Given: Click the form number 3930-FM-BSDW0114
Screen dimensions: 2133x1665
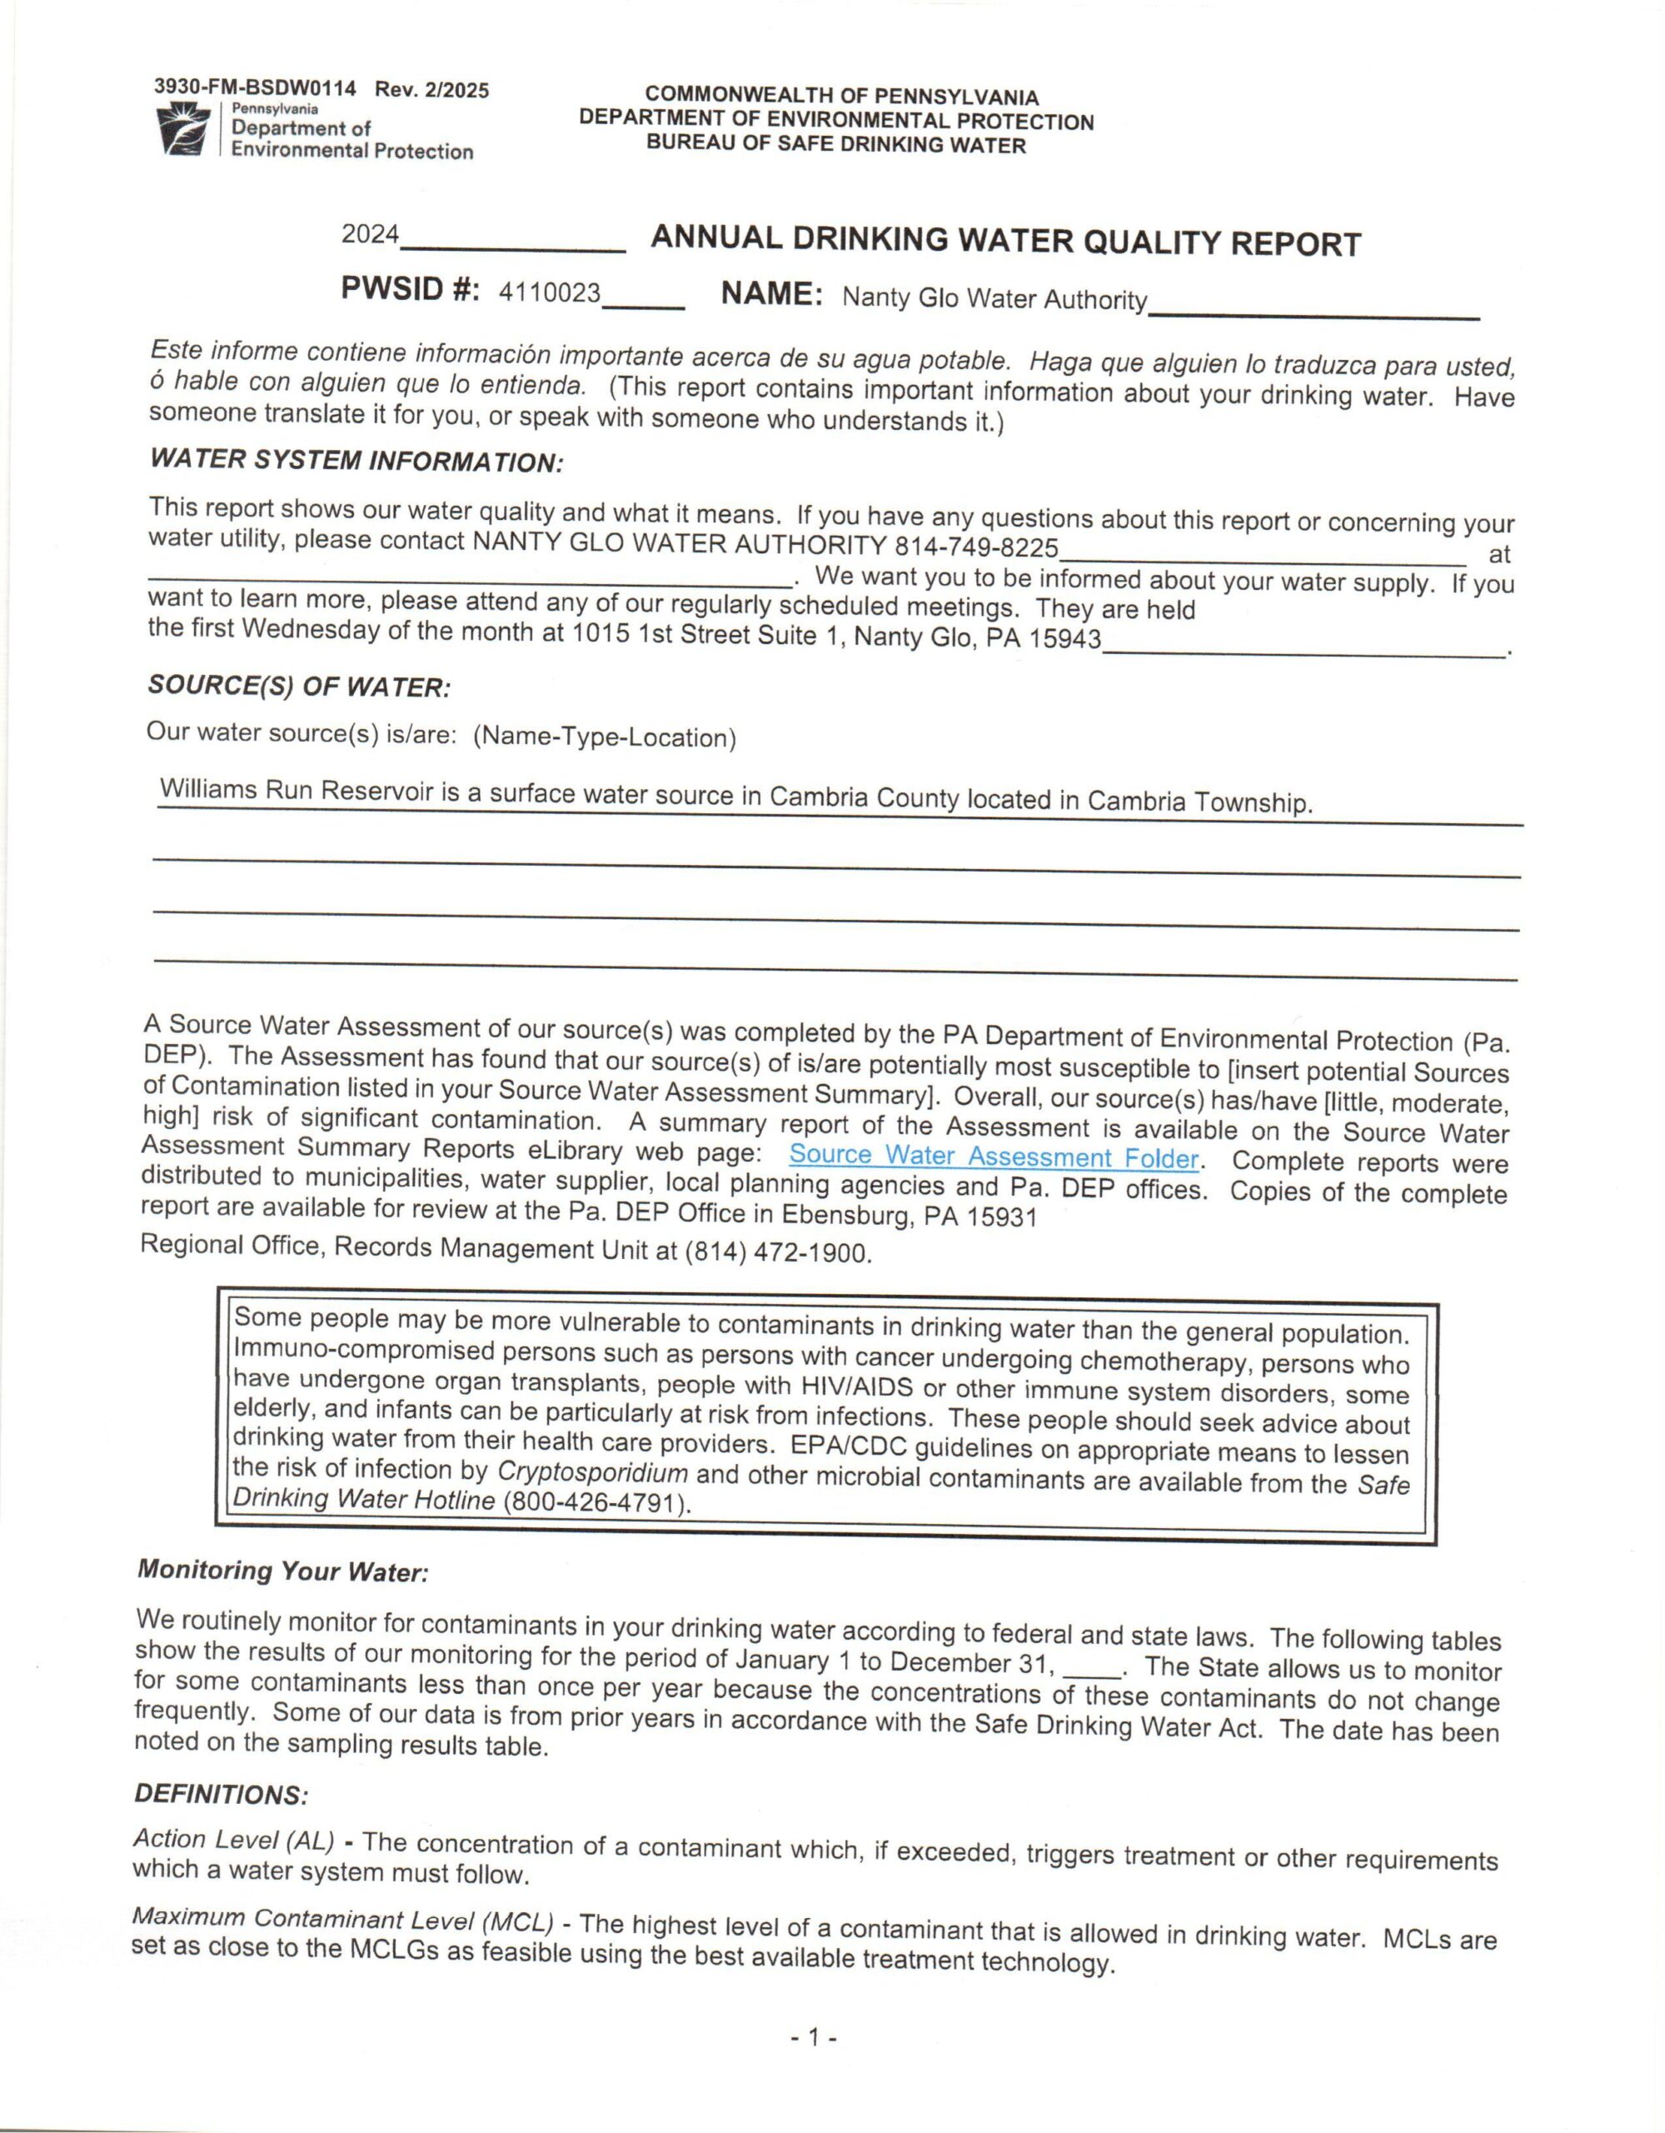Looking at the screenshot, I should point(255,89).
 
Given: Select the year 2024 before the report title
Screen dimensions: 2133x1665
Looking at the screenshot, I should point(370,234).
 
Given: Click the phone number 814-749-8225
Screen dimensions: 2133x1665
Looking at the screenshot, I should point(976,546).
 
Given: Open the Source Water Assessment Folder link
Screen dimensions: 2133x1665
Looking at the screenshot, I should point(993,1157).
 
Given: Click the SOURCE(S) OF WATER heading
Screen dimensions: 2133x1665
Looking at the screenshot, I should point(299,687).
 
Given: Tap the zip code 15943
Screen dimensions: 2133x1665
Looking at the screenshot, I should point(1065,641).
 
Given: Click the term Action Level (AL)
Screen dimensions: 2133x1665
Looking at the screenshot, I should point(233,1840).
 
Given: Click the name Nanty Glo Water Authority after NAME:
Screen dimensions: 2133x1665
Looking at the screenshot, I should point(995,298).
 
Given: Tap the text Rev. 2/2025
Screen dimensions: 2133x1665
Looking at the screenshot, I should point(432,91).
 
